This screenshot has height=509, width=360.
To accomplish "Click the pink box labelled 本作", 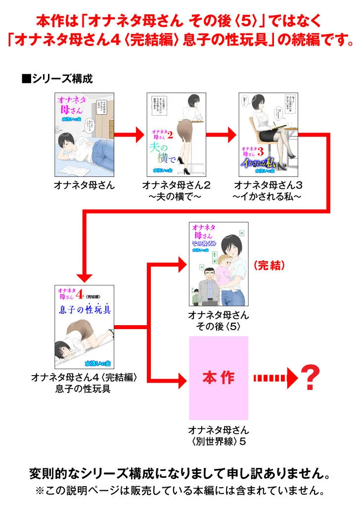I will click(218, 378).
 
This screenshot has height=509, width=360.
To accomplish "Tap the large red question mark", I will click(310, 378).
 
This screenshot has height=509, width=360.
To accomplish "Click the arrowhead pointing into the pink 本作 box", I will click(180, 378).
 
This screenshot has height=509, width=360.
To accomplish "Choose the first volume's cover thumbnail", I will click(85, 134).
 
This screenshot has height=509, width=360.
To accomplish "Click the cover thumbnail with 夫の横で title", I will click(176, 134).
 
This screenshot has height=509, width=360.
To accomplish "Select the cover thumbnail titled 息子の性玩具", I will click(84, 326).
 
